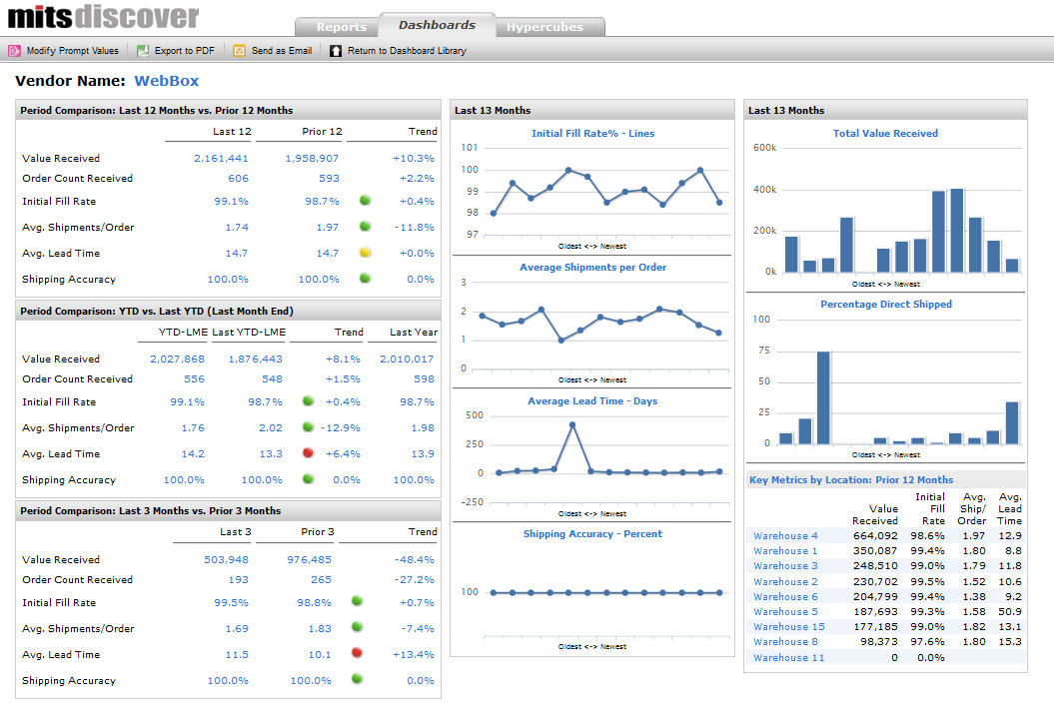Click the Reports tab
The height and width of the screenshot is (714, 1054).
341,27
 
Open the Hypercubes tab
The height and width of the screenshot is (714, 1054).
544,27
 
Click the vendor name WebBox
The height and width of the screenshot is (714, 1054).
167,81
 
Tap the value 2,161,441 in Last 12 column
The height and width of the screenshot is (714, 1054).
222,158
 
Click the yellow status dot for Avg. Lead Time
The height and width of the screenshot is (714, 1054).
365,253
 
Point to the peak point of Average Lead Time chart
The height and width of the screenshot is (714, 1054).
572,424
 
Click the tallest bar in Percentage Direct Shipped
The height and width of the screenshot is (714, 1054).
823,397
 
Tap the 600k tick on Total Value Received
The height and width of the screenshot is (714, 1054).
765,148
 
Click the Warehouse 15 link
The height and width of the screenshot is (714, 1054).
788,627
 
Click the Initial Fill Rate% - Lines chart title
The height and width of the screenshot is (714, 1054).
592,133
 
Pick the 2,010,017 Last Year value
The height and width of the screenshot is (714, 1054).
407,358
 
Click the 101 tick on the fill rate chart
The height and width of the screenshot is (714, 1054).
470,148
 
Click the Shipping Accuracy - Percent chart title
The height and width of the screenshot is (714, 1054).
592,534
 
